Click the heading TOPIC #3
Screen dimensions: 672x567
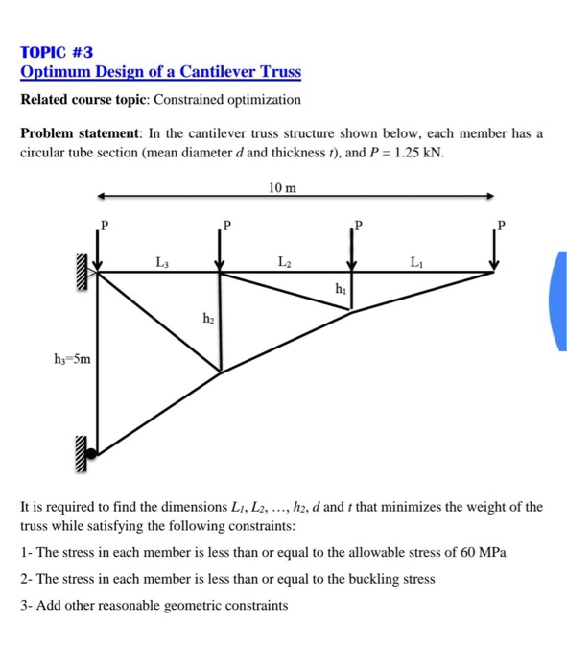click(58, 52)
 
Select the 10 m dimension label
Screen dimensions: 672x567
click(284, 187)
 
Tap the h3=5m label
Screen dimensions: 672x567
click(73, 360)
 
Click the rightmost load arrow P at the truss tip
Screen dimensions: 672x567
click(496, 252)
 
